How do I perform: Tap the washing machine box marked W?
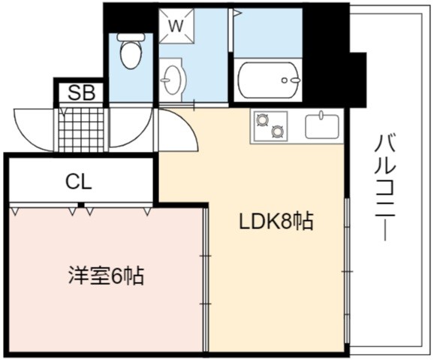tap(176, 26)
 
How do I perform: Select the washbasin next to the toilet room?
tap(171, 80)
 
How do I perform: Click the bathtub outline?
tap(267, 80)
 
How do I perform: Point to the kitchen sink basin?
tap(322, 127)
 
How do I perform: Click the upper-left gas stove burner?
tap(263, 120)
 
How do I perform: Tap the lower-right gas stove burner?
tap(278, 131)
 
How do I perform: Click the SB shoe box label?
tap(82, 92)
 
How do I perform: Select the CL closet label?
tap(79, 182)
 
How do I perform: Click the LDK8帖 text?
tap(276, 222)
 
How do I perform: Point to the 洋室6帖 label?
tap(106, 276)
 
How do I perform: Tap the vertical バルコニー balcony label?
tap(385, 188)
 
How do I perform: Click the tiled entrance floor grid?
tap(82, 130)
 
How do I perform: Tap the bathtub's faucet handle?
tap(295, 80)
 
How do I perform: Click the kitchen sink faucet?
tap(321, 115)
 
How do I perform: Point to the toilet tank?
tap(131, 37)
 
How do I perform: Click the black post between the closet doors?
tap(81, 205)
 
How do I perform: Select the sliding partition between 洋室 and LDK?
tap(205, 280)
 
